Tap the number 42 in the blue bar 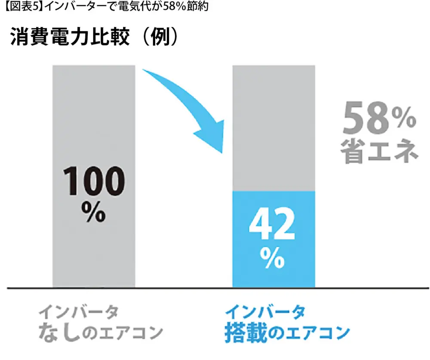click(273, 226)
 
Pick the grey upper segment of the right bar click(273, 129)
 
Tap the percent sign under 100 click(94, 212)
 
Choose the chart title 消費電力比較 click(69, 38)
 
